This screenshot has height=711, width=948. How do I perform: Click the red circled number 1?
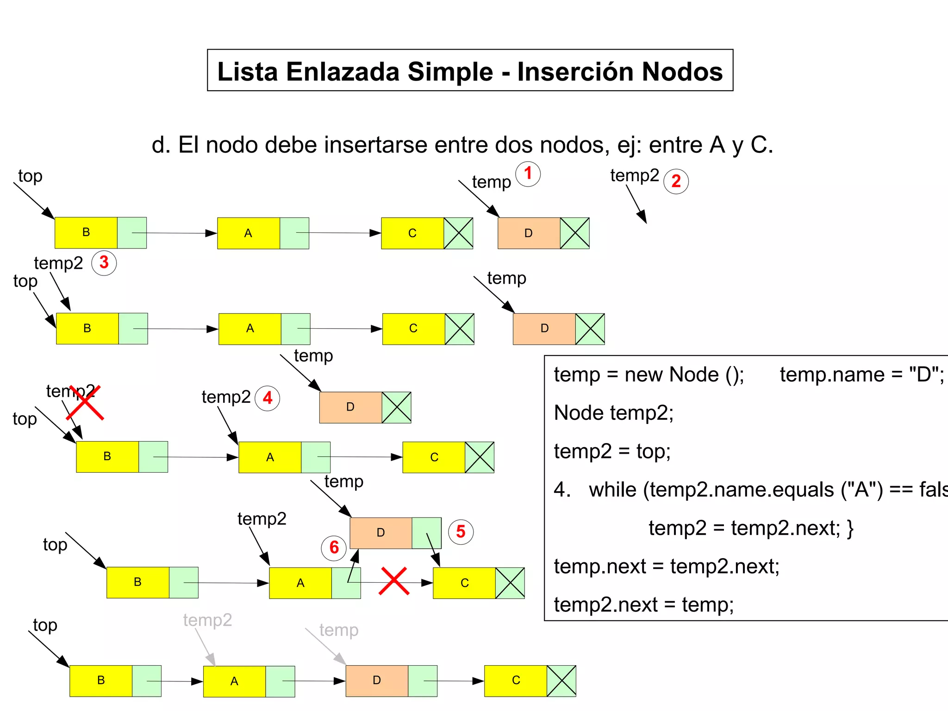pyautogui.click(x=528, y=174)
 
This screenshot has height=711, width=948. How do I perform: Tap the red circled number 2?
pyautogui.click(x=676, y=181)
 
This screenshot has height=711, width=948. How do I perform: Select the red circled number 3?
pyautogui.click(x=104, y=262)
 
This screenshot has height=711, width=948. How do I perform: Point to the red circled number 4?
pyautogui.click(x=268, y=398)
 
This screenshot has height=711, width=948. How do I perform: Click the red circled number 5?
pyautogui.click(x=461, y=532)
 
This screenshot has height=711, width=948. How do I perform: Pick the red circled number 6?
pyautogui.click(x=334, y=548)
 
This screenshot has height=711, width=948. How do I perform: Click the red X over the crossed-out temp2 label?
pyautogui.click(x=85, y=402)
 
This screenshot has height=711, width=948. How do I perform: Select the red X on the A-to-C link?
pyautogui.click(x=393, y=581)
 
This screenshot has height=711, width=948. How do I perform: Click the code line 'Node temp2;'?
pyautogui.click(x=614, y=412)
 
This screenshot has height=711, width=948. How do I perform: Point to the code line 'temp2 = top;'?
pyautogui.click(x=612, y=451)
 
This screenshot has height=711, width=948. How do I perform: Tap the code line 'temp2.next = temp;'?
pyautogui.click(x=643, y=605)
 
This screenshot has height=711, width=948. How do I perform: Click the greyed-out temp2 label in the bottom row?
pyautogui.click(x=207, y=620)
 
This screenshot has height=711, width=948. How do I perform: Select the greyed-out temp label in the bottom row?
pyautogui.click(x=339, y=630)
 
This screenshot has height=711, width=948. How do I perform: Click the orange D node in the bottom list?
pyautogui.click(x=377, y=680)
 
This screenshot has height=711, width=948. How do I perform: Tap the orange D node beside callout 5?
pyautogui.click(x=380, y=533)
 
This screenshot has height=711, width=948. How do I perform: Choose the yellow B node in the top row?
pyautogui.click(x=86, y=232)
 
